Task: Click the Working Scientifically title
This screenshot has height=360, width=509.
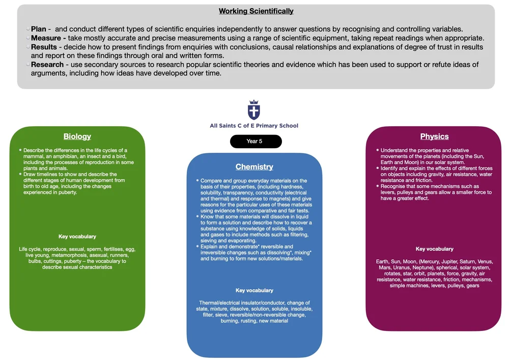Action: tap(256, 11)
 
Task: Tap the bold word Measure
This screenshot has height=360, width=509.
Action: tap(46, 38)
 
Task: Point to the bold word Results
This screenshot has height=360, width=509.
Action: tap(44, 47)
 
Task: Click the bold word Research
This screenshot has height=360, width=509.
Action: tap(47, 65)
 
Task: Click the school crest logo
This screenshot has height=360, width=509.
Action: tap(253, 110)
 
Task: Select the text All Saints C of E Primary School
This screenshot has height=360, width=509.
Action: tap(254, 126)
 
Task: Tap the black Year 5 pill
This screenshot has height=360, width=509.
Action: tap(256, 141)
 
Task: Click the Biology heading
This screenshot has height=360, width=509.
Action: tap(77, 136)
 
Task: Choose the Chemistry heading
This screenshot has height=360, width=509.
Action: tap(254, 167)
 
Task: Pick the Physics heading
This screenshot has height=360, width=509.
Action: tap(434, 136)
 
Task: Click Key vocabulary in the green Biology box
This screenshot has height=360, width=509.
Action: tap(77, 237)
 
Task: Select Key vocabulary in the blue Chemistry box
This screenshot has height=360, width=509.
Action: tap(254, 291)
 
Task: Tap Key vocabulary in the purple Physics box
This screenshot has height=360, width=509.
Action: tap(434, 249)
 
